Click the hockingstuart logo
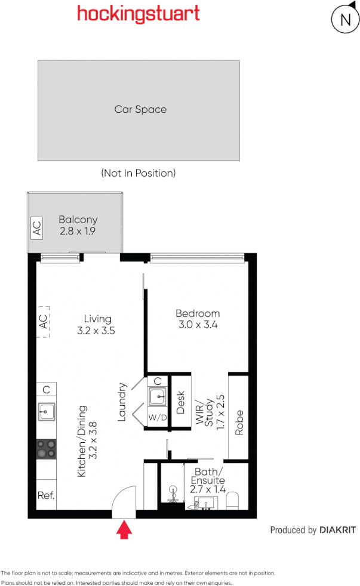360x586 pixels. point(138,14)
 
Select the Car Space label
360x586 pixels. point(140,109)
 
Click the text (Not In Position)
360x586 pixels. point(139,173)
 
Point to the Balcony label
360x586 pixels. point(78,225)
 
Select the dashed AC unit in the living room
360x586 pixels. point(43,322)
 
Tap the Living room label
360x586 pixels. point(97,325)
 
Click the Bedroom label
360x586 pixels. point(198,319)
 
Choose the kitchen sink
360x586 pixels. point(47,411)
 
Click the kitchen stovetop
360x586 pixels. point(47,449)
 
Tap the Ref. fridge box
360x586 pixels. point(46,495)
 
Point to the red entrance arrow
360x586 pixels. point(125,529)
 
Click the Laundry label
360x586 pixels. point(122,402)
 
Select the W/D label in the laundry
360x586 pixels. point(158,418)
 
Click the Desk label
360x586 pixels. point(181,402)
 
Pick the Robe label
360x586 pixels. point(239,423)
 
